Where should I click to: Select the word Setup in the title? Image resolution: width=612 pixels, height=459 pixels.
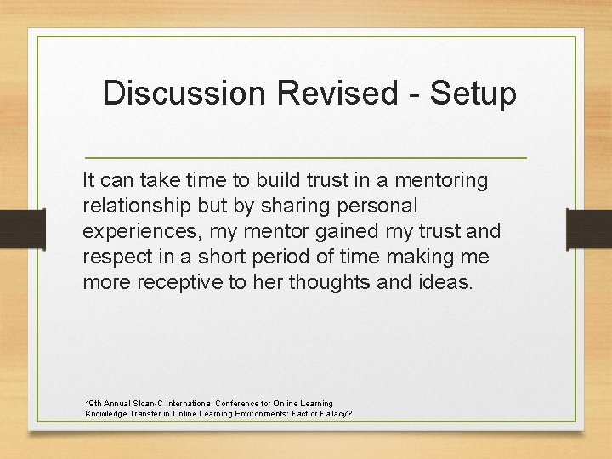tap(473, 93)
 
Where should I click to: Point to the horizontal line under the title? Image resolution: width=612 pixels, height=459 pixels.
tap(306, 159)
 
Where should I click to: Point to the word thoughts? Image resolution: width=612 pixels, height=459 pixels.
tap(328, 283)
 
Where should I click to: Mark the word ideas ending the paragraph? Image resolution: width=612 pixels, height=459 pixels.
tap(443, 283)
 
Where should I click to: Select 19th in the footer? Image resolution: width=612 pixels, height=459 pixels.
tap(94, 403)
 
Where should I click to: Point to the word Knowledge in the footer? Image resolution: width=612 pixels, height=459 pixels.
tap(107, 414)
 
